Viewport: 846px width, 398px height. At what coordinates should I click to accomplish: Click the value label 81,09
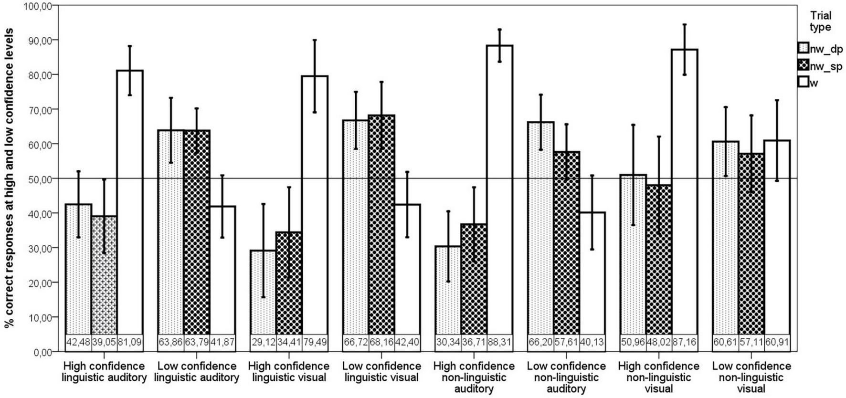coord(130,342)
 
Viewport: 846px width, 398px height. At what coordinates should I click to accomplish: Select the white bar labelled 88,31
coord(500,191)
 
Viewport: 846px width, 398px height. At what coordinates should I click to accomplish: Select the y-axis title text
coord(9,178)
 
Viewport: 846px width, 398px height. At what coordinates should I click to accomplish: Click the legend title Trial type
coord(820,22)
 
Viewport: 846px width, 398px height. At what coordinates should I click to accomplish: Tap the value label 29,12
coord(263,342)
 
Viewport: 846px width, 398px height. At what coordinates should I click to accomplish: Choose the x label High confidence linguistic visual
coord(288,372)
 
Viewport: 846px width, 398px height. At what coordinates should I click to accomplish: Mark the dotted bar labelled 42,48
coord(78,272)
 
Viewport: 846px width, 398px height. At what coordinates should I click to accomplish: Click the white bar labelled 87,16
coord(685,191)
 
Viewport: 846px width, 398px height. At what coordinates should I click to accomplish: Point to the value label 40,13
coord(592,342)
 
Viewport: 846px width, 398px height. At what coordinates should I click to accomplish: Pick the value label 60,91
coord(777,342)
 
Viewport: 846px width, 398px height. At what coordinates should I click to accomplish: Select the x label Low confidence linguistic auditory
coord(196,372)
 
